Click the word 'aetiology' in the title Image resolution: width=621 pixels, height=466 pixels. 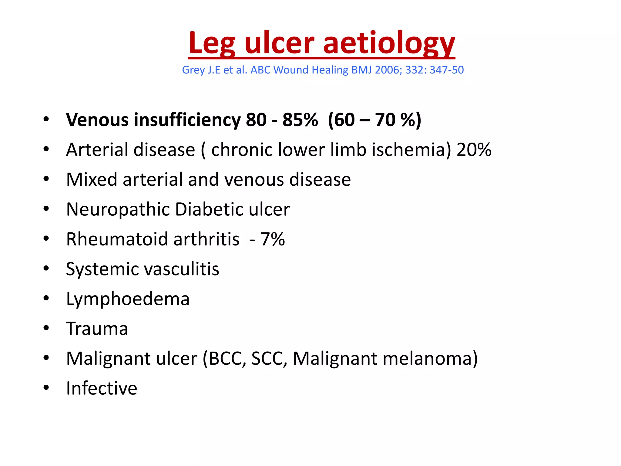[389, 43]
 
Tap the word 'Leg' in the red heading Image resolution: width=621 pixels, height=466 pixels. [211, 43]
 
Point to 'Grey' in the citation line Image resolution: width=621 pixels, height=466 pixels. [193, 70]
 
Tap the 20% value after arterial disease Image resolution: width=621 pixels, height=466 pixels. [474, 150]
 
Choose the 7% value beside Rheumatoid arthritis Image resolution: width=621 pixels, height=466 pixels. [273, 239]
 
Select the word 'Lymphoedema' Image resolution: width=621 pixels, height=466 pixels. [128, 299]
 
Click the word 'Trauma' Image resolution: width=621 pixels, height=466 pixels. [97, 329]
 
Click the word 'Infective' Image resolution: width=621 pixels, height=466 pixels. [102, 388]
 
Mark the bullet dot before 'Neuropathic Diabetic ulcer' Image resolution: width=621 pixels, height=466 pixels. [46, 209]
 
